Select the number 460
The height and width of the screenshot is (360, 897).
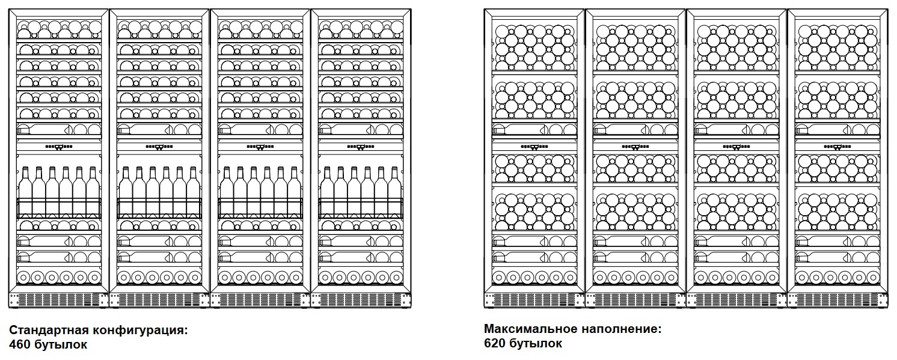coord(21,345)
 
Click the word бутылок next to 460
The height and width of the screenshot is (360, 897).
coord(64,345)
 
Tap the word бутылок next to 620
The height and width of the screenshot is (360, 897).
coord(539,344)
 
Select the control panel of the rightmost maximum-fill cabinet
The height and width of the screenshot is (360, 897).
coord(836,146)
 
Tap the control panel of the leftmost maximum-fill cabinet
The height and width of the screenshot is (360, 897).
coord(534,146)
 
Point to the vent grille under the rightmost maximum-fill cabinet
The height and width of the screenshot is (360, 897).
coord(836,299)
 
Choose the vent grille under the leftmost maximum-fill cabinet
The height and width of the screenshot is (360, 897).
coord(534,299)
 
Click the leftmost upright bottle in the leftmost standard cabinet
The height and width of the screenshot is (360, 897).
coord(25,192)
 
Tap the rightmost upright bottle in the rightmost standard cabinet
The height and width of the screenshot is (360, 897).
coord(394,192)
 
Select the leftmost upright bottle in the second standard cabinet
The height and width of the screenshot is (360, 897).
coord(126,192)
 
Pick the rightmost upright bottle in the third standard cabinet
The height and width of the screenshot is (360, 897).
coord(294,192)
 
